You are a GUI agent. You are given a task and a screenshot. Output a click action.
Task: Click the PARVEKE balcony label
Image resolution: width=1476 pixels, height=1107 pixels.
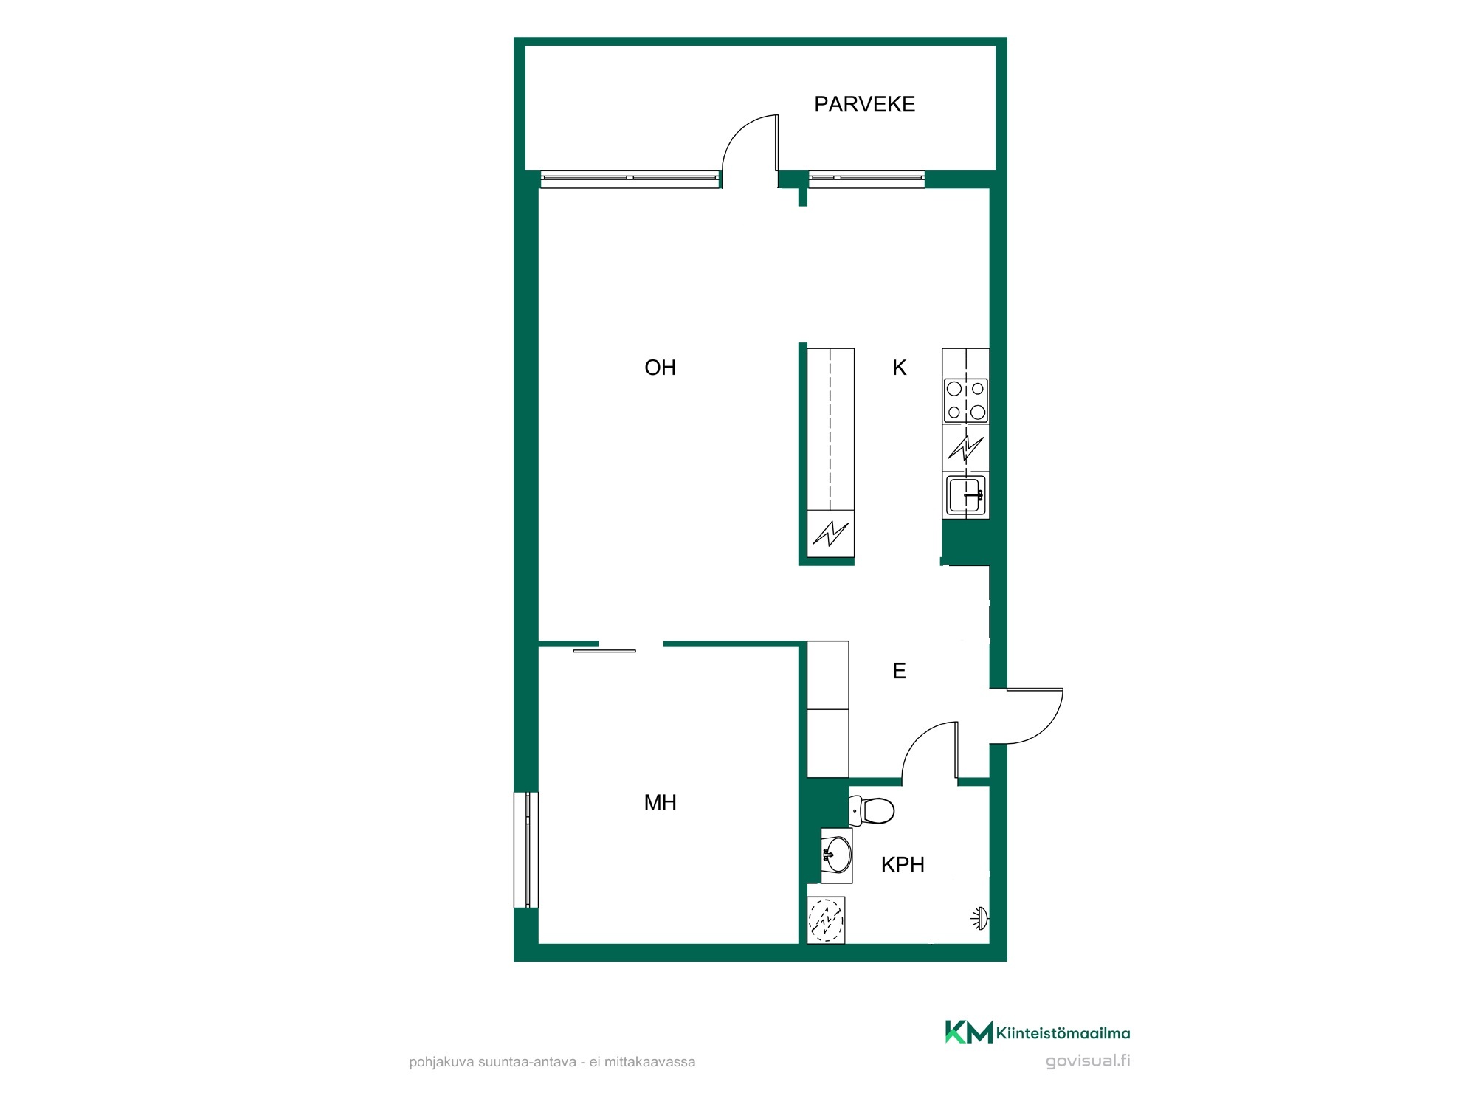click(864, 104)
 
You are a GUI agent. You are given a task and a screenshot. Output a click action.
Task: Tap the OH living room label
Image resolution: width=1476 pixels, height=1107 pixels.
click(660, 368)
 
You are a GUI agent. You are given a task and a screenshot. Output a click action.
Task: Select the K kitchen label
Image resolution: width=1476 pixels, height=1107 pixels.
click(899, 368)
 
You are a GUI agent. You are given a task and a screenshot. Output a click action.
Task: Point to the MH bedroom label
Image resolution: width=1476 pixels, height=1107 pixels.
click(660, 802)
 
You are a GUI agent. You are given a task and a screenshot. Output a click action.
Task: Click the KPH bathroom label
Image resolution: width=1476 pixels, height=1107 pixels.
click(903, 864)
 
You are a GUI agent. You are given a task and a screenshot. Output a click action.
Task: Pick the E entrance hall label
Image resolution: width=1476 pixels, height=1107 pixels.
click(899, 671)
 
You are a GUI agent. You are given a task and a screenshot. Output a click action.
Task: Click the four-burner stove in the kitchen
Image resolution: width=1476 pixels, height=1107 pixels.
click(966, 401)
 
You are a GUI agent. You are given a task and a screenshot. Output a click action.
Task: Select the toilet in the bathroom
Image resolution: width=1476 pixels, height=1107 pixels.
click(872, 810)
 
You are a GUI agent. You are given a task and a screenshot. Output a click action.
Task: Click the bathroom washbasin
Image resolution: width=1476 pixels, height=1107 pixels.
click(837, 855)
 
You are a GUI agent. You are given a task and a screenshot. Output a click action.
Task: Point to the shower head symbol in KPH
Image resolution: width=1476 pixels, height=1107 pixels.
click(979, 919)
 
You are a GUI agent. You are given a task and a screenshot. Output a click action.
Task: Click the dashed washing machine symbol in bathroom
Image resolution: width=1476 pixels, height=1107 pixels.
click(826, 920)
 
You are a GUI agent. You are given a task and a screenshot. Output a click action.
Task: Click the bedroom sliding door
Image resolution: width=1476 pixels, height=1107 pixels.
click(604, 651)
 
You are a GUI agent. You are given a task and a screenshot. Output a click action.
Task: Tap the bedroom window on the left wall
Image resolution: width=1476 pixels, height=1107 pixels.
click(526, 849)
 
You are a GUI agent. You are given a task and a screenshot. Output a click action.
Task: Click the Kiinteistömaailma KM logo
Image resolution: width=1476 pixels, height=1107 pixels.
click(1037, 1032)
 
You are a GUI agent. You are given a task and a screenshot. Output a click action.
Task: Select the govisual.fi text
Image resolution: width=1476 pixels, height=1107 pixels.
click(1088, 1061)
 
